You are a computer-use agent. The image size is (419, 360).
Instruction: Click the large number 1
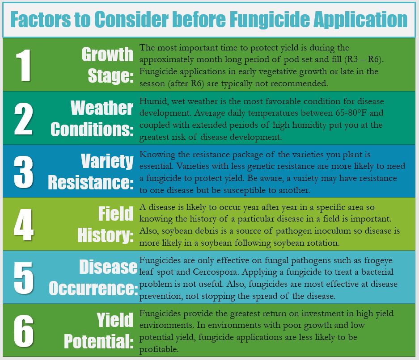[x=24, y=65]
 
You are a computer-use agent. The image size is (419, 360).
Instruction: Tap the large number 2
[x=24, y=118]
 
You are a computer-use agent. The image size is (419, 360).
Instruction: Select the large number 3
[x=24, y=172]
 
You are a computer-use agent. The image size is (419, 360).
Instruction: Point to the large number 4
[x=24, y=225]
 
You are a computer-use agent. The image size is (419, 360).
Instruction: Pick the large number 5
[x=24, y=278]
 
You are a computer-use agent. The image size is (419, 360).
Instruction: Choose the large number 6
[x=24, y=331]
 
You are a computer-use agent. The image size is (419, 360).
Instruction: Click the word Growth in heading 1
[x=107, y=54]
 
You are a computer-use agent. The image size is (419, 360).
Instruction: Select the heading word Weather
[x=102, y=108]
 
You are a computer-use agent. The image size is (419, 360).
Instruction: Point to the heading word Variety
[x=107, y=161]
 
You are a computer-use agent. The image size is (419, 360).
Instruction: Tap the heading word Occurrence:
[x=93, y=288]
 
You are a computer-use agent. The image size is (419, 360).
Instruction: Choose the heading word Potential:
[x=99, y=341]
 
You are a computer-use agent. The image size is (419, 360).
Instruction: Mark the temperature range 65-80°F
[x=351, y=113]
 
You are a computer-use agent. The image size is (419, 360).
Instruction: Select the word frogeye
[x=378, y=260]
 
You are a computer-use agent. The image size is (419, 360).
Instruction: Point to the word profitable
[x=159, y=349]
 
